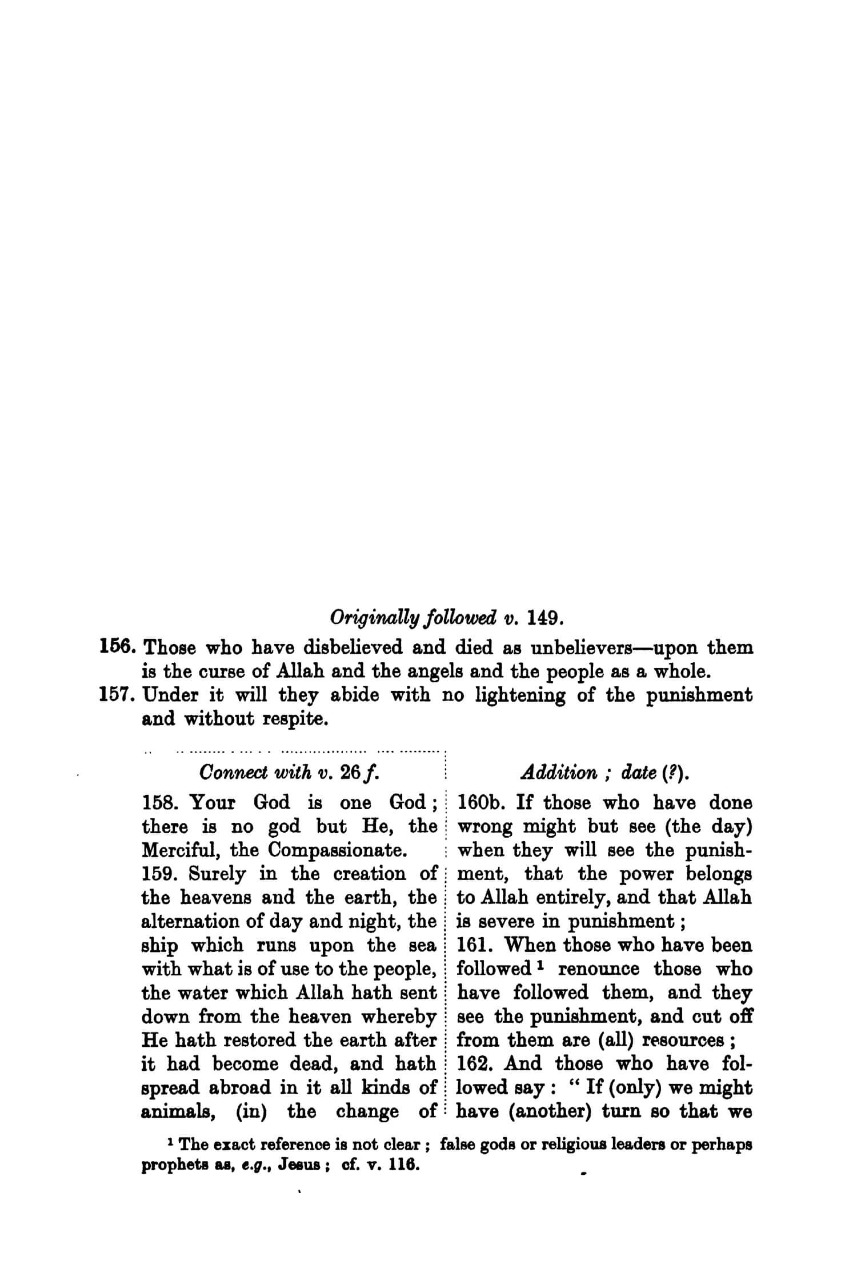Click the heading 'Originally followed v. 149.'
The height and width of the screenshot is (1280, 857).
click(447, 618)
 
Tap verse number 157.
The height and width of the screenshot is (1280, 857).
click(117, 695)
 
